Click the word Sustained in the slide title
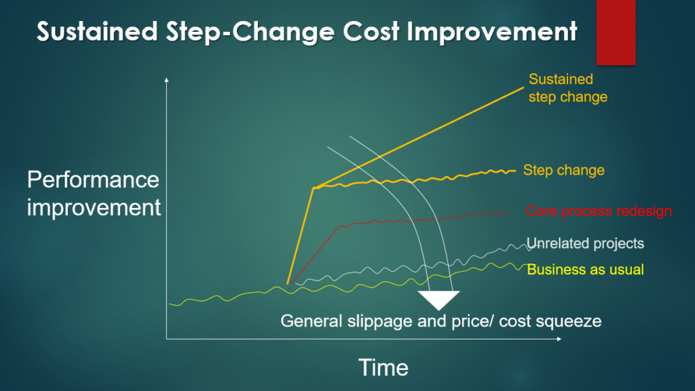point(98,31)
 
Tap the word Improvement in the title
point(491,32)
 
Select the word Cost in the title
point(371,31)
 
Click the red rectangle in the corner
point(616,33)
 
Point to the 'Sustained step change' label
point(568,88)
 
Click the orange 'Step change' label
point(564,170)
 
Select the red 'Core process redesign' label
point(599,211)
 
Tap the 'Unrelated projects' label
point(585,243)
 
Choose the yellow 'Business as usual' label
point(586,270)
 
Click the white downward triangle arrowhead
point(439,299)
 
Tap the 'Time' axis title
point(383,367)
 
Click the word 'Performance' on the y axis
point(93,180)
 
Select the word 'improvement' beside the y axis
point(94,207)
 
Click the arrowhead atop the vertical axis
point(167,79)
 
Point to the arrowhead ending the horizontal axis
point(559,339)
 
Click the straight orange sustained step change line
point(419,138)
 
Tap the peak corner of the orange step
point(314,188)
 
